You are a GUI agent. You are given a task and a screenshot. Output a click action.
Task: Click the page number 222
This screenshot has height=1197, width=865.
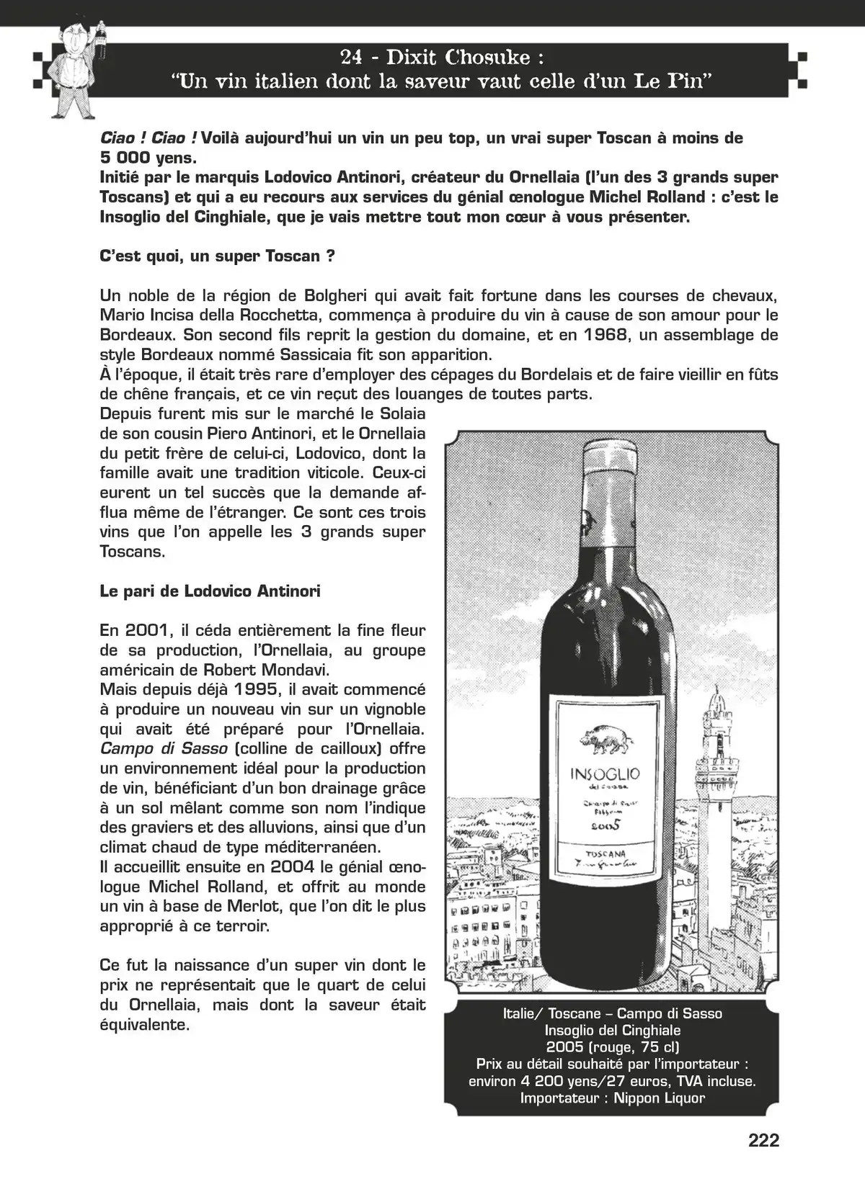click(x=763, y=1141)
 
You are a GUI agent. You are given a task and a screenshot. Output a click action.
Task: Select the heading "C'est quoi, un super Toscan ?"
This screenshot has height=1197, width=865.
click(x=217, y=256)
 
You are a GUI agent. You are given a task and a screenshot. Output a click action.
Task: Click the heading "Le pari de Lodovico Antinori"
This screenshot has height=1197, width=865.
click(x=210, y=591)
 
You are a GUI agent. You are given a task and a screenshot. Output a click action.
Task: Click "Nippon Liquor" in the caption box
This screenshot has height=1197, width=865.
click(x=659, y=1098)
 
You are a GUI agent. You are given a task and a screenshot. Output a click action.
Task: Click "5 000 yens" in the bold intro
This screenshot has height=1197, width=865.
click(x=148, y=157)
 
